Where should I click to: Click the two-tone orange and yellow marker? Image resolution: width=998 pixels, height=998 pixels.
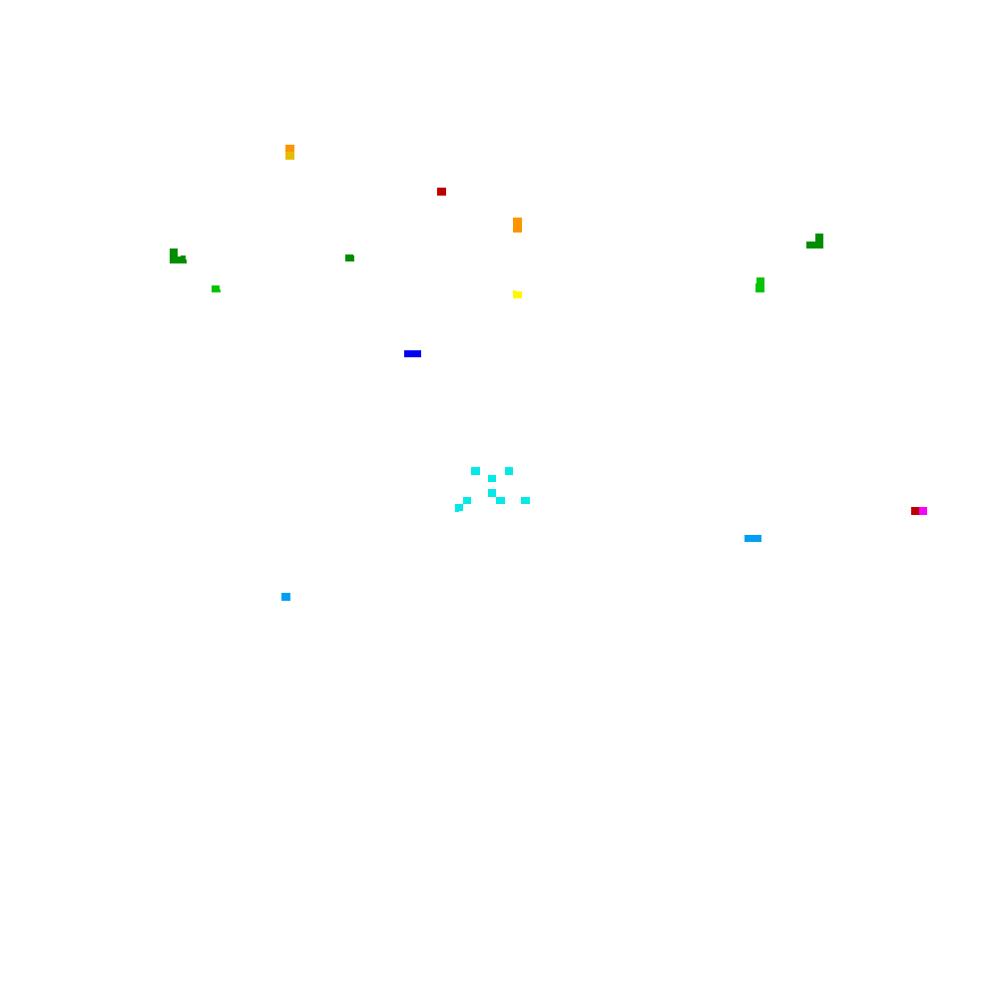coord(289,152)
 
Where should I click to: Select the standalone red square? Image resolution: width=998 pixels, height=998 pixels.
coord(441,192)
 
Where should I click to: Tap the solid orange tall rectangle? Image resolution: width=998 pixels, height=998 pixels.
coord(517,225)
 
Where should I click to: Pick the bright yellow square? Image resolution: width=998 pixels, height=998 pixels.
coord(517,294)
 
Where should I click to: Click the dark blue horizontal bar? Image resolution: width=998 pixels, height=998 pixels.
coord(412,353)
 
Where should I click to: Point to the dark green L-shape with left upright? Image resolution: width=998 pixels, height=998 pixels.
coord(176,257)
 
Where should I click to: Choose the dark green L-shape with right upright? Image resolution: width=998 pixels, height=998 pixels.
coord(816,243)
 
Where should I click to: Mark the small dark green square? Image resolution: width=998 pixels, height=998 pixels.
coord(349,257)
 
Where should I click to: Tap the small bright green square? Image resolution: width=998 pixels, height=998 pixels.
coord(216,288)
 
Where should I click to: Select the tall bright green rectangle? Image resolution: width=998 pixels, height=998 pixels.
coord(759,284)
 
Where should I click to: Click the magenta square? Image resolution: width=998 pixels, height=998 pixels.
coord(923,511)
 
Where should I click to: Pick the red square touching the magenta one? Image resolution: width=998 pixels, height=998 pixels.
coord(914,511)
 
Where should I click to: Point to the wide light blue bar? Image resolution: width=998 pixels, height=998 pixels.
coord(752,538)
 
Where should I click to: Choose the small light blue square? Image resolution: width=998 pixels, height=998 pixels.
coord(285,597)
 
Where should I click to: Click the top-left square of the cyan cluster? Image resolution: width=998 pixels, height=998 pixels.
coord(475,471)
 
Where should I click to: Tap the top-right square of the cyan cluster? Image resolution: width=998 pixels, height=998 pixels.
coord(509,471)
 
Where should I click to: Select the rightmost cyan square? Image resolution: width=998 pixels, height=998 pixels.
coord(525,500)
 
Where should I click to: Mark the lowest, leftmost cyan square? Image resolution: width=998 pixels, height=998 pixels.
coord(459,508)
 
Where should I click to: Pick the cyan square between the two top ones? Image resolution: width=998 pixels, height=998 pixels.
coord(492,478)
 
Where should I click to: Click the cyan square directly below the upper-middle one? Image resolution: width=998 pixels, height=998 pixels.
coord(492,493)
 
